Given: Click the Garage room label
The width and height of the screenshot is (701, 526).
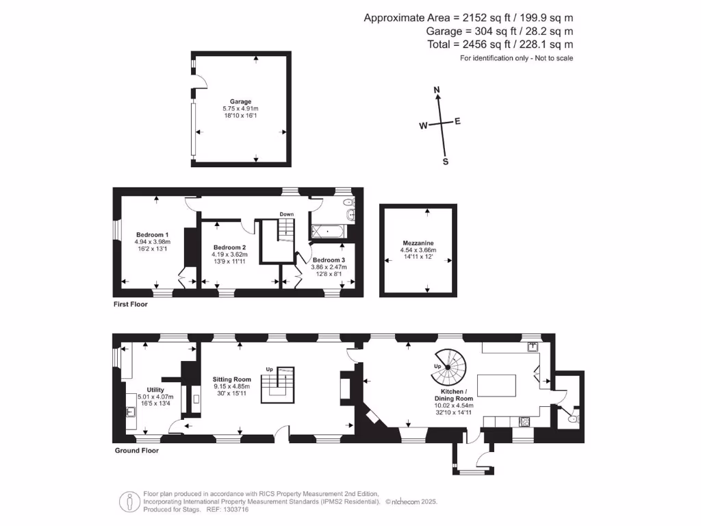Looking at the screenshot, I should click(x=240, y=101).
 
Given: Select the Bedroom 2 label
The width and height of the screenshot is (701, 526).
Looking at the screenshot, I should click(x=229, y=247).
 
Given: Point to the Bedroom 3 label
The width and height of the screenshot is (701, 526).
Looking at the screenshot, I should click(x=329, y=260).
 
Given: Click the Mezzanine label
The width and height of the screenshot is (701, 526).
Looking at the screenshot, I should click(x=418, y=243).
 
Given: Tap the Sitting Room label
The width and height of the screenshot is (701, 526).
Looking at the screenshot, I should click(x=233, y=379).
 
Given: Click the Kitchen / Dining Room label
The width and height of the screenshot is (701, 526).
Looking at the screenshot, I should click(x=453, y=394).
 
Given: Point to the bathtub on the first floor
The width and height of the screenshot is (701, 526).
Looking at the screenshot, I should click(x=330, y=232).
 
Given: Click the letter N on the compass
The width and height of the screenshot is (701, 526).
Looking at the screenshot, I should click(x=437, y=90).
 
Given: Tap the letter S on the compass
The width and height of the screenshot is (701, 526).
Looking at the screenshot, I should click(x=446, y=162).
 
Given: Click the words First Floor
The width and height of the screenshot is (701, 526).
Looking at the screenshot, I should click(x=130, y=304).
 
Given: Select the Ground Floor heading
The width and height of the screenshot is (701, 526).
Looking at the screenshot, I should click(x=136, y=451).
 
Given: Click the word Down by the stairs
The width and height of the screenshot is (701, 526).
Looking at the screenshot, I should click(x=286, y=214).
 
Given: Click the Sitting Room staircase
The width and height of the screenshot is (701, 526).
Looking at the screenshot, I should click(x=279, y=386).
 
